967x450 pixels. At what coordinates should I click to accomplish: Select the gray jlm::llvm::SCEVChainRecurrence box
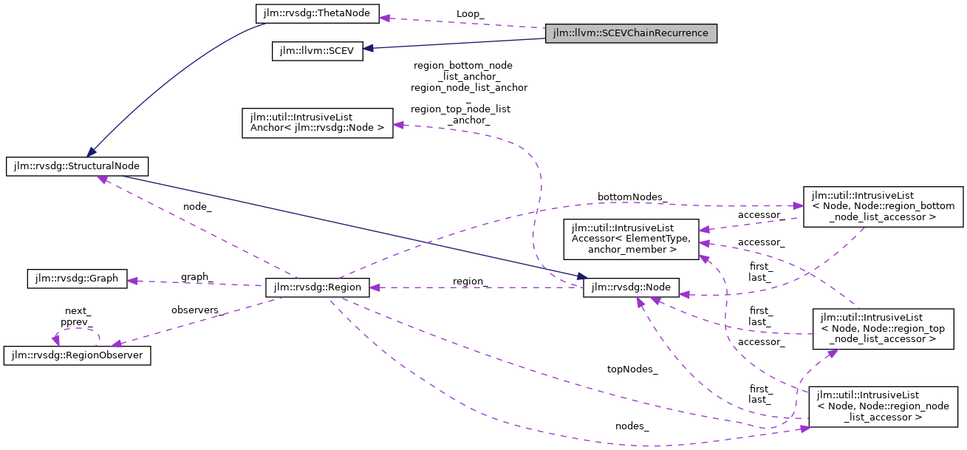(x=631, y=34)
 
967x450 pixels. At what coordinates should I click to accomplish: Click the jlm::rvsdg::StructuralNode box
(x=78, y=166)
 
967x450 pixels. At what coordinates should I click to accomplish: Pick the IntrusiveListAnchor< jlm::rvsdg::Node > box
(x=317, y=123)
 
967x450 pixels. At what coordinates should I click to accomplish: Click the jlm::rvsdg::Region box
(x=317, y=288)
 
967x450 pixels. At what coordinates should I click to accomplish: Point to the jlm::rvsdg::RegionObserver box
(x=78, y=355)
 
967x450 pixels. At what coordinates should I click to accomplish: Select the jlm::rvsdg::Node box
(x=630, y=288)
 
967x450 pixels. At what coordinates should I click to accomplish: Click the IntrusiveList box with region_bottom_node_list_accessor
(x=883, y=206)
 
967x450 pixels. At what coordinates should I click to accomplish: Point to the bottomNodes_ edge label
(x=622, y=197)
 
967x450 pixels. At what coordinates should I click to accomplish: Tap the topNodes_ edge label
(x=632, y=369)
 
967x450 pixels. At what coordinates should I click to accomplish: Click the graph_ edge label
(x=197, y=277)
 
